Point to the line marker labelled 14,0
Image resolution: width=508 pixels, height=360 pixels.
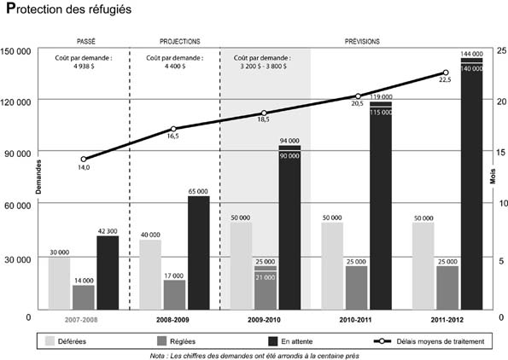point(84,159)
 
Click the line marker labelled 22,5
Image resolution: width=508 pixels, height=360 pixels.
point(446,73)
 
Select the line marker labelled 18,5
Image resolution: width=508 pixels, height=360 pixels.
point(264,113)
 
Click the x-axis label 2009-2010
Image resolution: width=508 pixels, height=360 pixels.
point(264,321)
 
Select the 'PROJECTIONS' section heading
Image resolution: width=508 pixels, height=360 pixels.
point(180,40)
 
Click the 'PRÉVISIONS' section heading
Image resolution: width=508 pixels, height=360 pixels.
point(363,40)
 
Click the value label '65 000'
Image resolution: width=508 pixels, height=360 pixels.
point(197,191)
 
